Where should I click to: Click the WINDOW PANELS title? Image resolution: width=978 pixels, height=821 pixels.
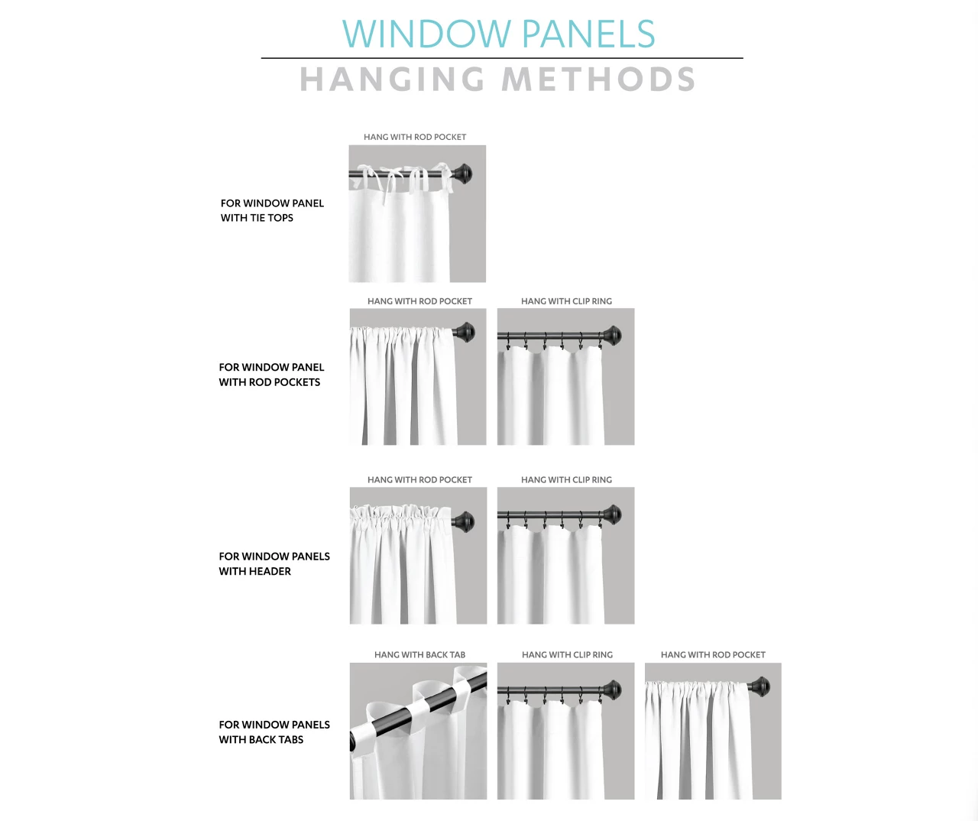499,34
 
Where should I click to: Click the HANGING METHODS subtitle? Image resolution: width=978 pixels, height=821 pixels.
497,80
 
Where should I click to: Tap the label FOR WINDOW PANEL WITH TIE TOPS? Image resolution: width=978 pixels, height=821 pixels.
271,210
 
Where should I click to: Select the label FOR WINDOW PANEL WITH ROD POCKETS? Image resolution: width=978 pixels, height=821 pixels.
270,375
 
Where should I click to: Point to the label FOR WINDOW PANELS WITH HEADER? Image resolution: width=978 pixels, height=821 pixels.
274,563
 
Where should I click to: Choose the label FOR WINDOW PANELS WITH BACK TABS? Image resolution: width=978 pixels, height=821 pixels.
274,732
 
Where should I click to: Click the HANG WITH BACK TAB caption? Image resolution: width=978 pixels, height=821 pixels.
419,654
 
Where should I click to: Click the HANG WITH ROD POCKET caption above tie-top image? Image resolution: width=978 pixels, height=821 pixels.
415,137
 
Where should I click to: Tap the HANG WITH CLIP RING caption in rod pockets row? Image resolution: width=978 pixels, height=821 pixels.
566,301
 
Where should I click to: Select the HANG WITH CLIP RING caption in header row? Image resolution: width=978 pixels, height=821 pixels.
566,479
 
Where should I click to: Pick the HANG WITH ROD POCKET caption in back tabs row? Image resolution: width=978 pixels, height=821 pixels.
713,654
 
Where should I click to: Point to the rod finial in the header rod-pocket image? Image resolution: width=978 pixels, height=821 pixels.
463,523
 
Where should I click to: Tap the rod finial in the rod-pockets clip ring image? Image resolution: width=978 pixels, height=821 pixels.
611,336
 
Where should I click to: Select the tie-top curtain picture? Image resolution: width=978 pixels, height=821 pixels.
417,214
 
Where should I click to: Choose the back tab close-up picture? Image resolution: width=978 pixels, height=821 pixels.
418,731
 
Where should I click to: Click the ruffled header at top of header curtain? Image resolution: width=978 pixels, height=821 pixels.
402,514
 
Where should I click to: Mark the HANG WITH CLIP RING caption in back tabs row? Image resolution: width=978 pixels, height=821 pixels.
567,654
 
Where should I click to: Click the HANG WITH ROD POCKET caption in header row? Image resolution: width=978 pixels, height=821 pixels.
419,479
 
